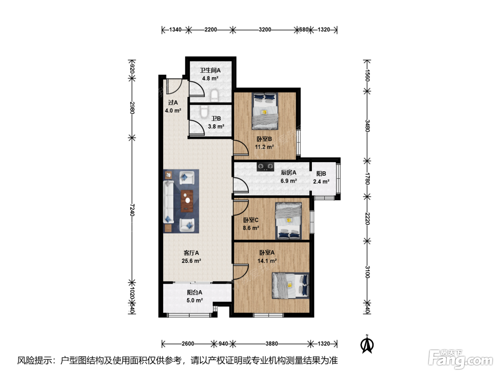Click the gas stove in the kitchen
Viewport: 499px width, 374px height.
265,167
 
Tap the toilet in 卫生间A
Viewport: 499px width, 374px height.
215,95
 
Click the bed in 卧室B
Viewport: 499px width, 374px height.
265,111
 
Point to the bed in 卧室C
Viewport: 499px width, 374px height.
288,221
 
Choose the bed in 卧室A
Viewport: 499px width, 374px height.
290,285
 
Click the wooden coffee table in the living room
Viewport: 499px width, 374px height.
187,201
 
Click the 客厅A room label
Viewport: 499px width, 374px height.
191,253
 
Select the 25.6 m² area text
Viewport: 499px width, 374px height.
191,261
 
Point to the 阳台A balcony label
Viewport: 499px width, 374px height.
195,292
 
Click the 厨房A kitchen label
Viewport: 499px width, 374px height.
288,173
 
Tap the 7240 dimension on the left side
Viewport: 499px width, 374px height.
132,210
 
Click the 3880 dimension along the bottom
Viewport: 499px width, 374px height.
272,344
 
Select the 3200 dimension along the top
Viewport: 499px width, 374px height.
265,30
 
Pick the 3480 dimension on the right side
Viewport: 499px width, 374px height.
367,126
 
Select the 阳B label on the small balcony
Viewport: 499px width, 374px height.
321,173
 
